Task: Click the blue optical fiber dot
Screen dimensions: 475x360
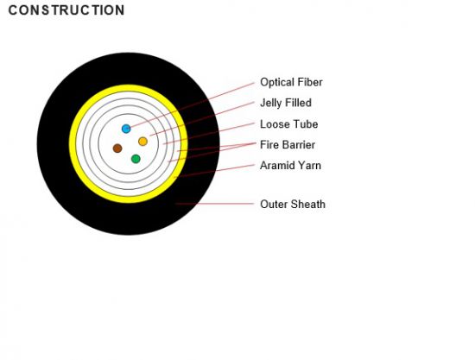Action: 126,129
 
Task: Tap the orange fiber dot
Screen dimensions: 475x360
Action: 142,142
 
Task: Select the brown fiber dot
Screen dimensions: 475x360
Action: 117,148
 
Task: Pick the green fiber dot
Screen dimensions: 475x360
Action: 136,159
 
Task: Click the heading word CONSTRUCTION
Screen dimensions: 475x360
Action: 66,10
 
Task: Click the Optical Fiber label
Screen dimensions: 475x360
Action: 291,82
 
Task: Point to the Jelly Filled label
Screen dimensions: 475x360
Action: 286,103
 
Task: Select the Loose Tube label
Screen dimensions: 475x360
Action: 289,124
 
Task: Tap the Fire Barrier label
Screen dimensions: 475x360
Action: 288,145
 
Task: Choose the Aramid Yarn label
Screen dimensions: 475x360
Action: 290,165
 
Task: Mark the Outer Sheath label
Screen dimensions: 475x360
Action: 293,204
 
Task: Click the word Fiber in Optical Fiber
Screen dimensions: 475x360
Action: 310,82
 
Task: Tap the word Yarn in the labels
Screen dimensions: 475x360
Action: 309,165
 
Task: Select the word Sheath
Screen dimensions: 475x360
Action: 307,204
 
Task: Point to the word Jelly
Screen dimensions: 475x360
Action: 270,104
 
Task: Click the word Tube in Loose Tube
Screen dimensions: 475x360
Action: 306,124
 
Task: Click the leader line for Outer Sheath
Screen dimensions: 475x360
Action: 214,204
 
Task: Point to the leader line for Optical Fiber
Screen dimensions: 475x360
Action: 193,104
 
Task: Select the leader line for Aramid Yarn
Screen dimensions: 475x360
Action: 214,171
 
